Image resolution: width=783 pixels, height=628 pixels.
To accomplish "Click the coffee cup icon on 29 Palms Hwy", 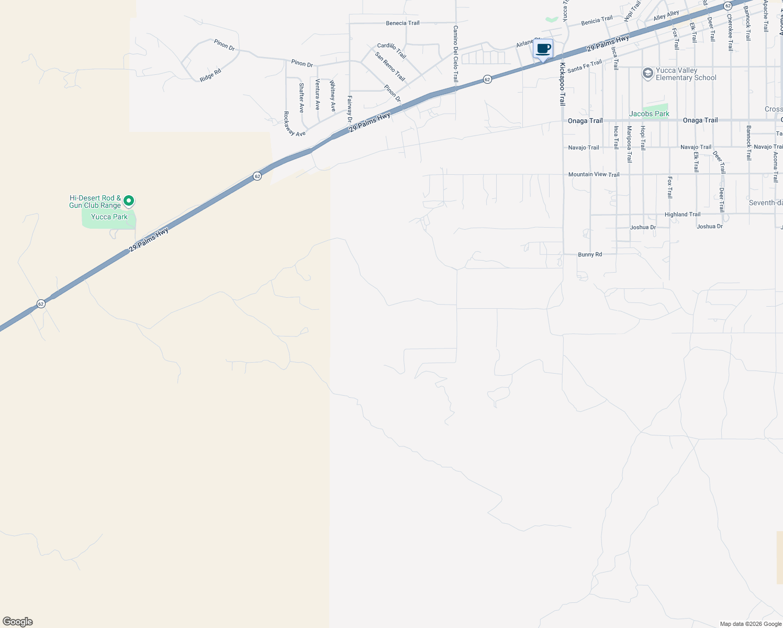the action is tap(543, 49).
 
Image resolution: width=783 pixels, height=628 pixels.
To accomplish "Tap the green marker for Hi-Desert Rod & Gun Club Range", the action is tap(129, 201).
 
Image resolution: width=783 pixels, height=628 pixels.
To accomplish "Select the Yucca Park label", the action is tap(109, 217).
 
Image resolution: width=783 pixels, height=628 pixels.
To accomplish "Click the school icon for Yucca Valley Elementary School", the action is tap(648, 73).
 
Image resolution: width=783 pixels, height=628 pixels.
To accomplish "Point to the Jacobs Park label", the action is tap(649, 114).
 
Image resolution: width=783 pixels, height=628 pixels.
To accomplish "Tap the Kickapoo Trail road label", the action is tap(563, 84).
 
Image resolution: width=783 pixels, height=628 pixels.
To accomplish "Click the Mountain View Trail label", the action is tap(594, 174).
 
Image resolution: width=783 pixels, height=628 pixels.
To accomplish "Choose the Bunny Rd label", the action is tap(590, 254).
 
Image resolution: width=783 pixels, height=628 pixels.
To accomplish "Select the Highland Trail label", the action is tap(682, 215).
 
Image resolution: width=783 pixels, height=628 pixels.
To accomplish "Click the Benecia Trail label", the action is tap(402, 23).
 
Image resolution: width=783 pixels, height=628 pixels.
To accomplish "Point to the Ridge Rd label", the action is tap(210, 75).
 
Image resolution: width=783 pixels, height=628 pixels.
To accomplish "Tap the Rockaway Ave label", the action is tap(294, 124).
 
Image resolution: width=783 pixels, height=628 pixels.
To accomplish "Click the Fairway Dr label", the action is tap(350, 109).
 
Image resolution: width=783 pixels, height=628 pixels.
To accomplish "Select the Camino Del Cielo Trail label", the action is tap(455, 54).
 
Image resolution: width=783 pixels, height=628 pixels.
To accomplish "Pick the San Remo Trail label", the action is tap(390, 66).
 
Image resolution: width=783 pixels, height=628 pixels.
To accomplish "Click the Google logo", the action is tap(18, 622).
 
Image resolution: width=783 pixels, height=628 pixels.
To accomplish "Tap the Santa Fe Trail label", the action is tap(584, 66).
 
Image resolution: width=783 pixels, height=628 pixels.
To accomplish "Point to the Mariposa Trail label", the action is tap(629, 144).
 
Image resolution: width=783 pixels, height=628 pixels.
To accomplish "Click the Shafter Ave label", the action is tap(301, 98).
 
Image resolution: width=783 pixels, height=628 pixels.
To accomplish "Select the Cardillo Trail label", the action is tap(391, 51).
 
